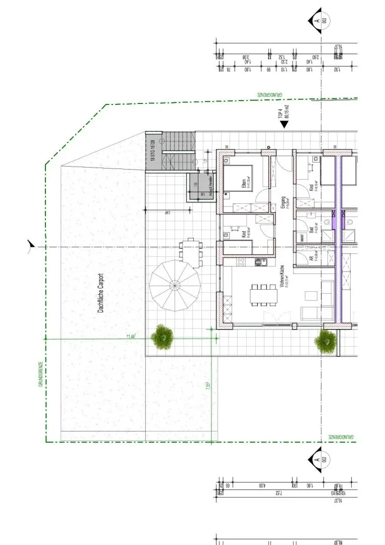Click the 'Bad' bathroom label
point(313,230)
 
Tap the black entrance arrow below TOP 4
point(284,124)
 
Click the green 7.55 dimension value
point(208,386)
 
